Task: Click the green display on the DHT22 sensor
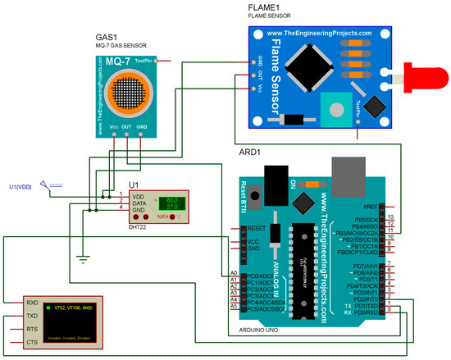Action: [x=172, y=203]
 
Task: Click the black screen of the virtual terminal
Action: [x=61, y=322]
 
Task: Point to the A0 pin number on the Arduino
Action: [x=234, y=272]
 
